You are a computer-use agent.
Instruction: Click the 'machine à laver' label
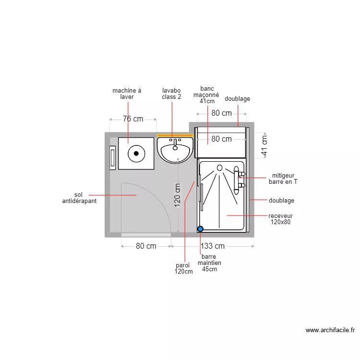click(x=127, y=94)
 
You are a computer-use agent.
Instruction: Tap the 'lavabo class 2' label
click(x=171, y=94)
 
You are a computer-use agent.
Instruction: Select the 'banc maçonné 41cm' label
click(x=206, y=95)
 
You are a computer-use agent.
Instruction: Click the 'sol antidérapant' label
click(x=79, y=198)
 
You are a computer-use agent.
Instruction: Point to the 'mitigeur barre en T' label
click(x=283, y=179)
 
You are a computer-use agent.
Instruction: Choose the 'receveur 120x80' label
click(x=281, y=219)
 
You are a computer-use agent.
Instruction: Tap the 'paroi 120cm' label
click(x=183, y=268)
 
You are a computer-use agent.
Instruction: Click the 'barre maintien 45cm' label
click(x=209, y=263)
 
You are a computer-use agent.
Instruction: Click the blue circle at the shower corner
click(x=201, y=229)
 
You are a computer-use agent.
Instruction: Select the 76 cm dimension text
click(x=133, y=119)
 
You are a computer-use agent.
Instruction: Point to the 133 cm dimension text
click(x=213, y=246)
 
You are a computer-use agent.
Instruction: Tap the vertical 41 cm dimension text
click(x=264, y=145)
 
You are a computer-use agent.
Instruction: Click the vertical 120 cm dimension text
click(x=178, y=195)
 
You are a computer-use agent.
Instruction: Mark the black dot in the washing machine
click(x=136, y=154)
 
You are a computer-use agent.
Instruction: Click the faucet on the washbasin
click(x=175, y=144)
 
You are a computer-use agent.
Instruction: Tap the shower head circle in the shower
click(x=219, y=168)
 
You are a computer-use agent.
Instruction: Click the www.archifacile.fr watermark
click(x=330, y=330)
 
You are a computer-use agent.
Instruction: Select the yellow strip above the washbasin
click(x=175, y=135)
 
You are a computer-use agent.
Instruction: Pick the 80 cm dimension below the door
click(x=146, y=246)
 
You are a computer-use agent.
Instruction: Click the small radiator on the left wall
click(x=112, y=158)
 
